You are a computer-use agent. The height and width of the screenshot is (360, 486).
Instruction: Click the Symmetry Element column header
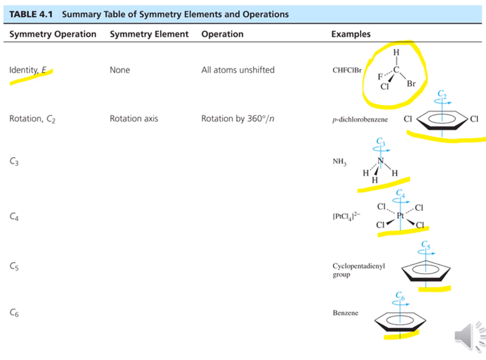pos(149,34)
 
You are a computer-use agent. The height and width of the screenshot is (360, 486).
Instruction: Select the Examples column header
pos(351,34)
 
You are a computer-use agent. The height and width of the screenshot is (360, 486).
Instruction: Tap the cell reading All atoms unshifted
pos(238,70)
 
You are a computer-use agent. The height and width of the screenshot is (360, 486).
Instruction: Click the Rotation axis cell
pos(134,118)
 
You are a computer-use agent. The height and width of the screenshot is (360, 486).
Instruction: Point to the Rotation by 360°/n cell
pos(238,118)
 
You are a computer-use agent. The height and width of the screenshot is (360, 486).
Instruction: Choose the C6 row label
pos(15,314)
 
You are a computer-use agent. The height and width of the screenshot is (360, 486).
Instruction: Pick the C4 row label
pos(15,217)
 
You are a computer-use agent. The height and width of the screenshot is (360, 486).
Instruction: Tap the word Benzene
pos(345,314)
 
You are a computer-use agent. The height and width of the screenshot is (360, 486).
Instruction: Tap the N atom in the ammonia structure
pos(381,161)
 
